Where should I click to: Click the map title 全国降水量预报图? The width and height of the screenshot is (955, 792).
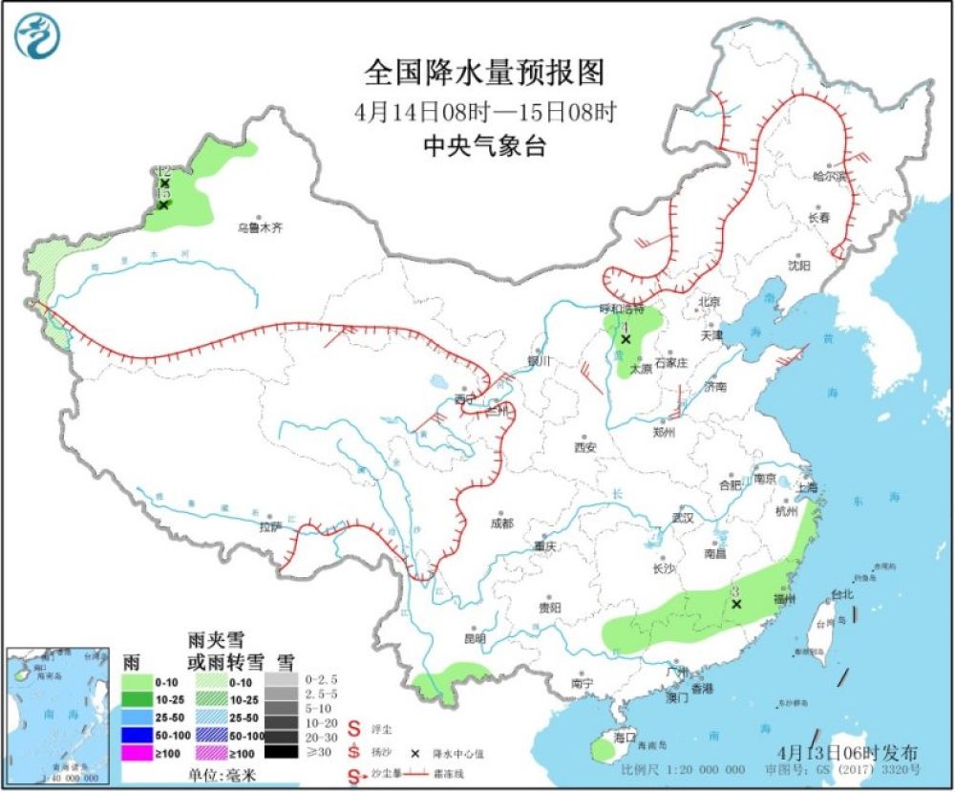point(485,73)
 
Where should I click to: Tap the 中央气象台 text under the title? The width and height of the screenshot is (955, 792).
point(485,146)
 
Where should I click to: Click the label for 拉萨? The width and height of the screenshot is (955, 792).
point(270,526)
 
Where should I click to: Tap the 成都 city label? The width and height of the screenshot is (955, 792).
point(500,524)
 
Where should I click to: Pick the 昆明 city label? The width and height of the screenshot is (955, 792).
point(475,638)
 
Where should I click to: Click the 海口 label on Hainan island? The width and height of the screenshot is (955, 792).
point(626,738)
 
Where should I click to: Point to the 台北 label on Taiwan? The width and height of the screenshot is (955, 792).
point(841,593)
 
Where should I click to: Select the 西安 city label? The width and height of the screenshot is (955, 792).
point(584,447)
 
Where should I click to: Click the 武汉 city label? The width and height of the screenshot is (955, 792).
point(682,517)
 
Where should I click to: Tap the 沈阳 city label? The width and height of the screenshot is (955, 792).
point(799,265)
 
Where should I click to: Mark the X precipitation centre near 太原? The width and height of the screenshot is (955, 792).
point(626,339)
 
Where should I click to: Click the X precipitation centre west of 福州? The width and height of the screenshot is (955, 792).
point(736,604)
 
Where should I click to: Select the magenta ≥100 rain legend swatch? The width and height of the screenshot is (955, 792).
point(139,752)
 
